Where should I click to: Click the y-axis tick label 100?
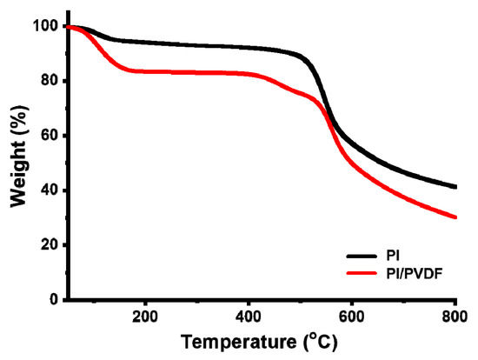click(43, 27)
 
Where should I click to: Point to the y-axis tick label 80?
click(48, 82)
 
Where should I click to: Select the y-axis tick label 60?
click(48, 137)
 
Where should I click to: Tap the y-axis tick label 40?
click(48, 190)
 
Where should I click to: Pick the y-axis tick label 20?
click(48, 245)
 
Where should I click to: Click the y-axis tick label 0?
click(52, 300)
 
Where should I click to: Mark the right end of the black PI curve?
click(455, 187)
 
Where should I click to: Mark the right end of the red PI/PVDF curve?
click(455, 217)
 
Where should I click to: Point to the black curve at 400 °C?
click(249, 48)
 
